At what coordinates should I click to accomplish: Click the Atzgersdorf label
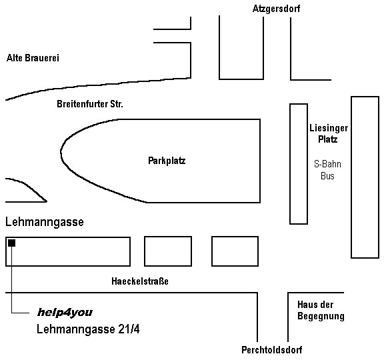pos(276,9)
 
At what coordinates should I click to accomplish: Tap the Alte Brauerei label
pos(33,58)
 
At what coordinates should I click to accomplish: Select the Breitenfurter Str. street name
pos(90,104)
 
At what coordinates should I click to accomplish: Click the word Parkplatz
pos(167,161)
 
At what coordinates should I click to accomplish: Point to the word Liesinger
pos(329,128)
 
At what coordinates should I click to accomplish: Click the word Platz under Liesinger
pos(327,139)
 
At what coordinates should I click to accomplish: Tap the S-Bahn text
pos(327,164)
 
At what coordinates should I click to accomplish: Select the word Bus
pos(327,176)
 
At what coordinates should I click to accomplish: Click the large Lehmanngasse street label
pos(45,222)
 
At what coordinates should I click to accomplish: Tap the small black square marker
pos(11,243)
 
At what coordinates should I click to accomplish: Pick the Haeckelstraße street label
pos(140,281)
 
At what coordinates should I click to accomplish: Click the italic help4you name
pos(65,312)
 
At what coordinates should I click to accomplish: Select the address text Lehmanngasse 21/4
pos(88,329)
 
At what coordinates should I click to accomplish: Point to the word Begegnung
pos(321,316)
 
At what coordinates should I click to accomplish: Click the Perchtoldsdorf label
pos(272,350)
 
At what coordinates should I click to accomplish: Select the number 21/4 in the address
pos(129,329)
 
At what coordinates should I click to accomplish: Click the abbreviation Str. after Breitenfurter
pos(117,104)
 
